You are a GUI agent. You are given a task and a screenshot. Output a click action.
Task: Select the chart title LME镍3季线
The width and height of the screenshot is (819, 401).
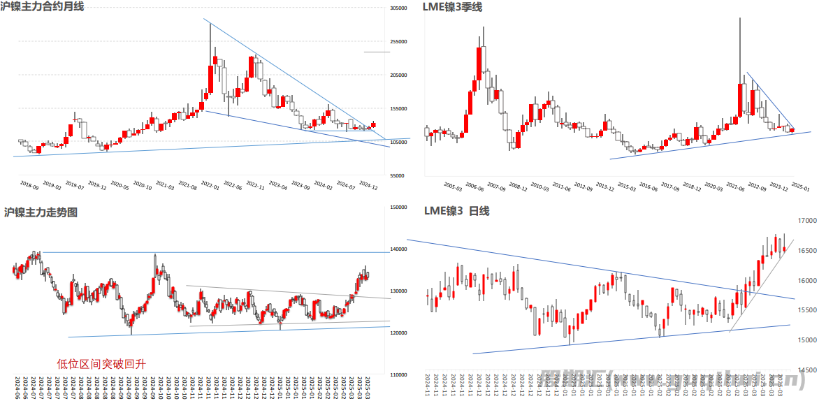coord(452,7)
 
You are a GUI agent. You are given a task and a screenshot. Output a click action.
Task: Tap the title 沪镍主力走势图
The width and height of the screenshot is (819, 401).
coord(41,212)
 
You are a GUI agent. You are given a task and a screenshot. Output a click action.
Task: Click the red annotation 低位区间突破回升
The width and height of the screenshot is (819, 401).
coord(101,363)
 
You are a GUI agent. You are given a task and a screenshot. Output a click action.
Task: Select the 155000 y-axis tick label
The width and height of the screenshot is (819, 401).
coord(398,109)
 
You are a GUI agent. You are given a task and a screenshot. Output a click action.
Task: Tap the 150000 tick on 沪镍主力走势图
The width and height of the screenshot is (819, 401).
coord(398,207)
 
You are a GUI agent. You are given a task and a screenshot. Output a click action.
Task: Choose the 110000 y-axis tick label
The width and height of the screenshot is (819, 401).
coord(398,375)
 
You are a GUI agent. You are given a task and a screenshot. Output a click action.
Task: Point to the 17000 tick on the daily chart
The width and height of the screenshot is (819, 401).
coord(806,221)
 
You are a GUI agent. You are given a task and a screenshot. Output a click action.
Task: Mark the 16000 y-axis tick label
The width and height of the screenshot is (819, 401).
coord(806,281)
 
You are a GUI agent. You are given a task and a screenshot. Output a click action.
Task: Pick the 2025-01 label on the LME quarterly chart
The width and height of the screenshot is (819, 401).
coord(800,187)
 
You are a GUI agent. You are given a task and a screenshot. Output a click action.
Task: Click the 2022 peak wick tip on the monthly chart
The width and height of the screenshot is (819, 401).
coord(210,24)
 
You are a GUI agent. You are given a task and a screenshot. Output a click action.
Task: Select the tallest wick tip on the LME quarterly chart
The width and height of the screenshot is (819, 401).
coord(740,18)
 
